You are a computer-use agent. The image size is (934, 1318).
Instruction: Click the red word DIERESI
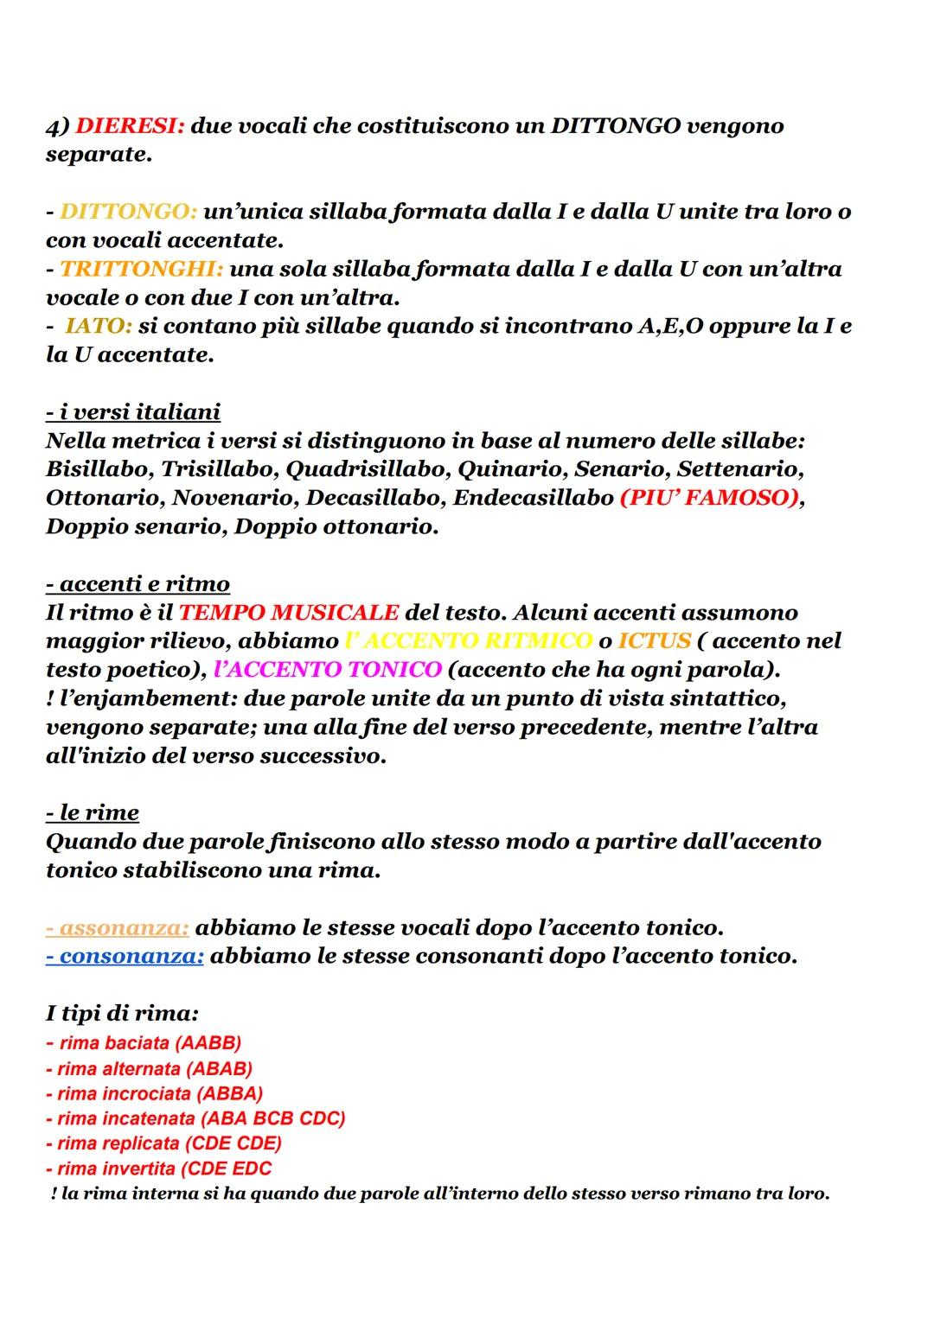pyautogui.click(x=130, y=126)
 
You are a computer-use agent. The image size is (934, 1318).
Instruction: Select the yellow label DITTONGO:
pyautogui.click(x=128, y=212)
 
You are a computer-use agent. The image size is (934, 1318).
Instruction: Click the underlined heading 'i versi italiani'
pyautogui.click(x=133, y=411)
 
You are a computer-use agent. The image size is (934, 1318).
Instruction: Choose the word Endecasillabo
pyautogui.click(x=533, y=498)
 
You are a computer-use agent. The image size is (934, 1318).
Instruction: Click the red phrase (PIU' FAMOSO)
pyautogui.click(x=708, y=498)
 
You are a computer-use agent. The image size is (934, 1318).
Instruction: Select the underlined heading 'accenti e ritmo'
pyautogui.click(x=138, y=583)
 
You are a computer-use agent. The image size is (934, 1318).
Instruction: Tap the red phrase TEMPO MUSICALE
pyautogui.click(x=289, y=612)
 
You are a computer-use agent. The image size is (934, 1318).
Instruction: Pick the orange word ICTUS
pyautogui.click(x=655, y=640)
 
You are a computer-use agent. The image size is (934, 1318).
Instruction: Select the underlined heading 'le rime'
pyautogui.click(x=93, y=812)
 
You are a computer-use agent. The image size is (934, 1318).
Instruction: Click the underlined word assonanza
pyautogui.click(x=118, y=927)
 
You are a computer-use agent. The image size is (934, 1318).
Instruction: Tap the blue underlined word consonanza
pyautogui.click(x=125, y=956)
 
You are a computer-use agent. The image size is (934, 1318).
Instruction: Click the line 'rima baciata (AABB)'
pyautogui.click(x=144, y=1042)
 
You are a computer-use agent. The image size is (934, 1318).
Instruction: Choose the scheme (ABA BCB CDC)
pyautogui.click(x=272, y=1118)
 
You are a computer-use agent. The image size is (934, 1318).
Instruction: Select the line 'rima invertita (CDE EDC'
pyautogui.click(x=159, y=1168)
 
